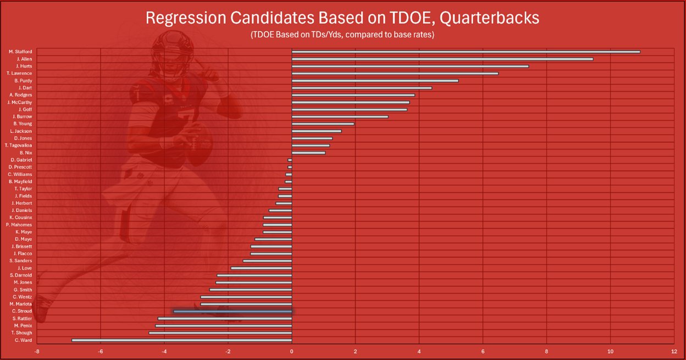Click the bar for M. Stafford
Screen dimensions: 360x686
466,52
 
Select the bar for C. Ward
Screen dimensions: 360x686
181,340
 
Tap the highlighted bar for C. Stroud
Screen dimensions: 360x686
233,311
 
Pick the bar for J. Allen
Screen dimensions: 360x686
442,59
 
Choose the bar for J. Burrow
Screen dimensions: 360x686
340,117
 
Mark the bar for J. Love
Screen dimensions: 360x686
261,268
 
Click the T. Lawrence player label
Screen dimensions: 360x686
19,73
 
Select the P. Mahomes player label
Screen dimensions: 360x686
19,225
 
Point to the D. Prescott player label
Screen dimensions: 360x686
20,167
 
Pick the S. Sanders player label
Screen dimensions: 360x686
21,261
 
